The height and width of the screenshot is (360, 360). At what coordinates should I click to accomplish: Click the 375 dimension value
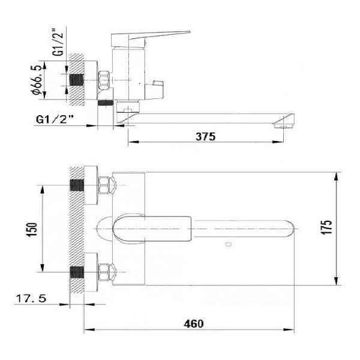[x=205, y=136]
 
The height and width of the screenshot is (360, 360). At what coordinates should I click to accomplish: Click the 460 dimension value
[x=194, y=324]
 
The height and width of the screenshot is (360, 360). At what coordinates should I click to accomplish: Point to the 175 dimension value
[x=326, y=227]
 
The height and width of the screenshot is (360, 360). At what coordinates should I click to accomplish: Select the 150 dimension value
[x=32, y=230]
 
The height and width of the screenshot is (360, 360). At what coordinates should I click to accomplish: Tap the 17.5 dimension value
[x=31, y=298]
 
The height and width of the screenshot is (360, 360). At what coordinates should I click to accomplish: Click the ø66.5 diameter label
[x=37, y=80]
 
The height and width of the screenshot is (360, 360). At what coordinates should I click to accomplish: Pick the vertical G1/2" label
[x=57, y=42]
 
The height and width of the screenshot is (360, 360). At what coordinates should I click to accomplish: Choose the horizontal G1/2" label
[x=55, y=119]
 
